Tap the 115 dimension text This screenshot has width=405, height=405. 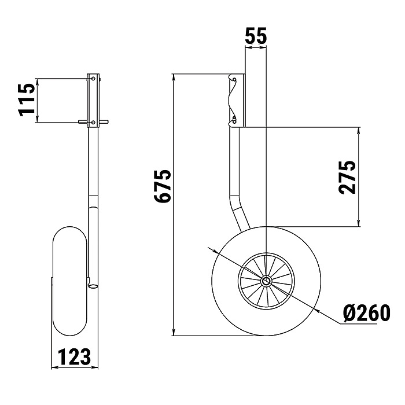tap(26, 100)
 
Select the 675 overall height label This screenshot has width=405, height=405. tap(163, 186)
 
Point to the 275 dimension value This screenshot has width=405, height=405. tap(347, 177)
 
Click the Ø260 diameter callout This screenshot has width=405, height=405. tap(366, 313)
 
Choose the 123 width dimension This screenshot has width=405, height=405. tap(74, 357)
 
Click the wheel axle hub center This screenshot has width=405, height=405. tap(266, 281)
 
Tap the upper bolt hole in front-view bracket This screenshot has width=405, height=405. tap(93, 79)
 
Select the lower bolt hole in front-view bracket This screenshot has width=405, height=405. tap(93, 122)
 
